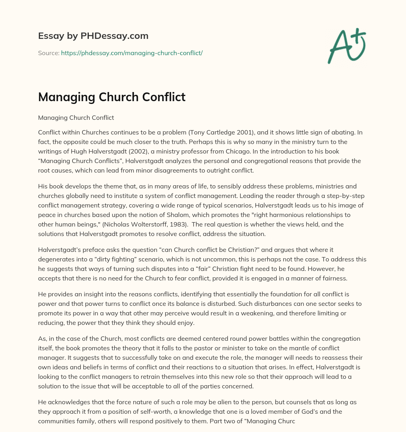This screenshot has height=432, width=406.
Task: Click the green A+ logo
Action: (x=347, y=46)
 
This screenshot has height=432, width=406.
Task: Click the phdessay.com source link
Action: (x=132, y=53)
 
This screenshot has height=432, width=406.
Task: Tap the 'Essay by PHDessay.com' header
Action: (x=93, y=36)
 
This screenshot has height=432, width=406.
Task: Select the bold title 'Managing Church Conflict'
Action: (x=112, y=97)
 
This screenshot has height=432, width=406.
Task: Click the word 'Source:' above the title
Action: (x=49, y=53)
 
